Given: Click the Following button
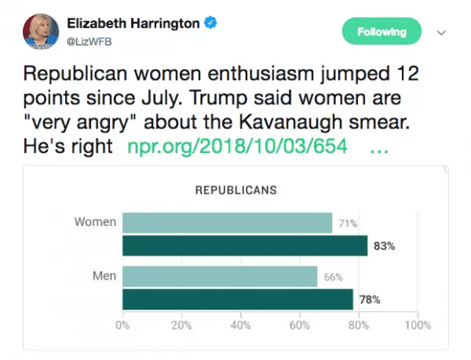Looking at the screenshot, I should (x=382, y=32).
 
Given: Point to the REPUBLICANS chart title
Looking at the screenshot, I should (x=235, y=190).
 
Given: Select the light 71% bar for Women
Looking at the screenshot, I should (x=227, y=223).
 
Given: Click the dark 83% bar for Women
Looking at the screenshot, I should (x=245, y=245).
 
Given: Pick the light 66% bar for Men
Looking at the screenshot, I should (x=220, y=277).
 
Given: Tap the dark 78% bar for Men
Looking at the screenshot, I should (x=238, y=300).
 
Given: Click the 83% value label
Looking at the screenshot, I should (x=384, y=246).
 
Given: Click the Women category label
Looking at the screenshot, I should (x=95, y=222).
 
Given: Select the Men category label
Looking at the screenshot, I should (x=104, y=276).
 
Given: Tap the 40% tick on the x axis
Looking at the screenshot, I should (x=240, y=325).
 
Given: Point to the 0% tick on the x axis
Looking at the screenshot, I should (x=123, y=325).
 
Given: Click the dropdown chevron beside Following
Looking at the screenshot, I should (x=441, y=33).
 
